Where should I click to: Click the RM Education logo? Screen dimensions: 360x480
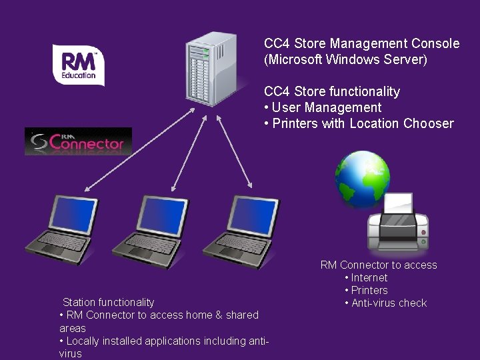click(79, 65)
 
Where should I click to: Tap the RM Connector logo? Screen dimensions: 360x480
click(79, 141)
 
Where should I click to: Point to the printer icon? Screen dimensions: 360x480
click(398, 223)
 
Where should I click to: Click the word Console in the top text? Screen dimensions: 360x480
click(435, 44)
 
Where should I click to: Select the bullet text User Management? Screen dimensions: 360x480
click(326, 107)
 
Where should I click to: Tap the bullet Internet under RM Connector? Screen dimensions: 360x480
click(369, 277)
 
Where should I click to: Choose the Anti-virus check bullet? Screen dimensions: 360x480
click(389, 303)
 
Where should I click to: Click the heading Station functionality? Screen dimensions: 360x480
click(108, 302)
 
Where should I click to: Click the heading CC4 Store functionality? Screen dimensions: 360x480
click(331, 91)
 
